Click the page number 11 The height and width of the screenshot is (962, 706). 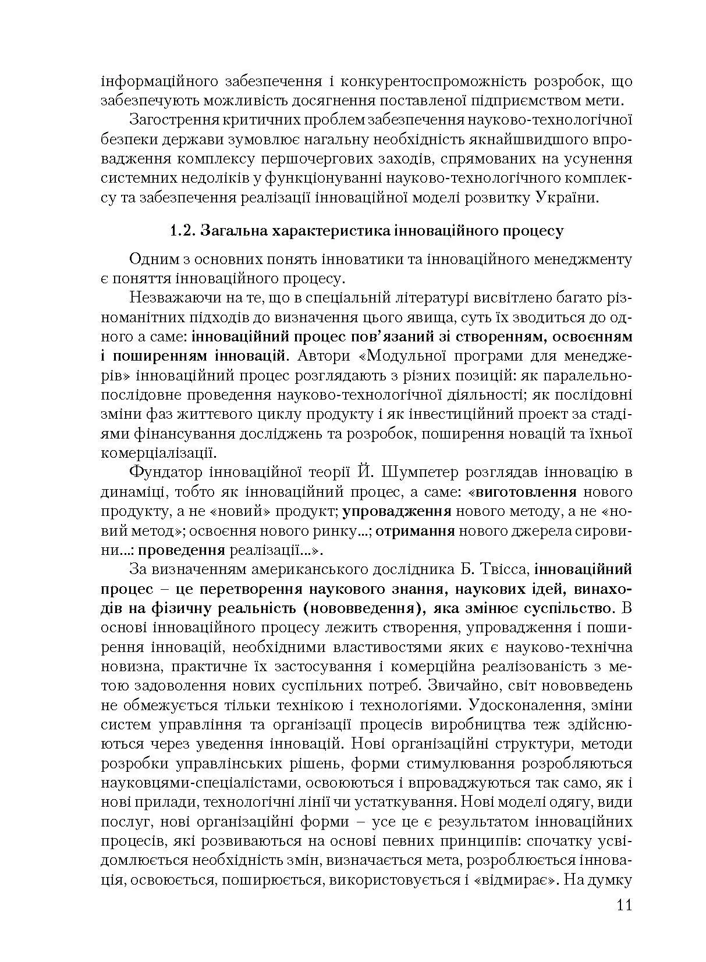622,906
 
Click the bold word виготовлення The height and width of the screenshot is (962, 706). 526,491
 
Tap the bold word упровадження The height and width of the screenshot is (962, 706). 397,511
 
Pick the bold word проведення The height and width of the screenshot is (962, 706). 182,550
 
